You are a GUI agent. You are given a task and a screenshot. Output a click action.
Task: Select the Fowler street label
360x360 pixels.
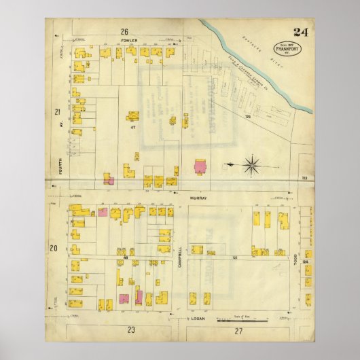[x=130, y=40]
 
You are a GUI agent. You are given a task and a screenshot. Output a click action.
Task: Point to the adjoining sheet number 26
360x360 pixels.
[x=124, y=31]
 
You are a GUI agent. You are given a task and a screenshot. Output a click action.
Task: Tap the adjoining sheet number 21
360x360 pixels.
[x=58, y=111]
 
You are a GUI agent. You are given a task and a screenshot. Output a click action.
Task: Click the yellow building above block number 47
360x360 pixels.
[x=132, y=115]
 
